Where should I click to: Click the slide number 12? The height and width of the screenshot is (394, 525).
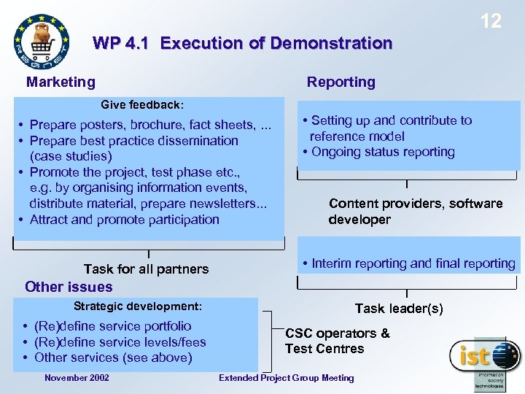pos(491,21)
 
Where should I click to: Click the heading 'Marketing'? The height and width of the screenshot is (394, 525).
pos(61,82)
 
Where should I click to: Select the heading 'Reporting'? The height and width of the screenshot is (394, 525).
pos(341,82)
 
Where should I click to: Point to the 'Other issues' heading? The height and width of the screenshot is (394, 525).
pos(69,287)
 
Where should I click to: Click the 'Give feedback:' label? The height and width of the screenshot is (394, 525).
pos(142,105)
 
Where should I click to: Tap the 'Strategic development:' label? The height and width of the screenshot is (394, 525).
pos(137,306)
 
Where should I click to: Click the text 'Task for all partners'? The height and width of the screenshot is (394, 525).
pos(146,269)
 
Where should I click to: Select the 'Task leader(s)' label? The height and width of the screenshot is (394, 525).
pos(398,309)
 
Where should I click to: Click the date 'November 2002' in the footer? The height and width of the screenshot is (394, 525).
pos(77,378)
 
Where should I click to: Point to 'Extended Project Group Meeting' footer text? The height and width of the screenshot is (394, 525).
pos(287,378)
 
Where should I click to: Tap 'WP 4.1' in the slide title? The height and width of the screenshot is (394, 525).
pos(121,43)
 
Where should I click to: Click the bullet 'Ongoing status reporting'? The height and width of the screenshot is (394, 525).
pos(382,152)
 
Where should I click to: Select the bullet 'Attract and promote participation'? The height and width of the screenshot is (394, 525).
pos(124,220)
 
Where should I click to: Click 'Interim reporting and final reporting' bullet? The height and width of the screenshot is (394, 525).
pos(413,263)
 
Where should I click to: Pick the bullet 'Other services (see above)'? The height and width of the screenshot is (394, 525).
pos(113,358)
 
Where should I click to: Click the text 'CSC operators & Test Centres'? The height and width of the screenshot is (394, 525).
pos(337,341)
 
